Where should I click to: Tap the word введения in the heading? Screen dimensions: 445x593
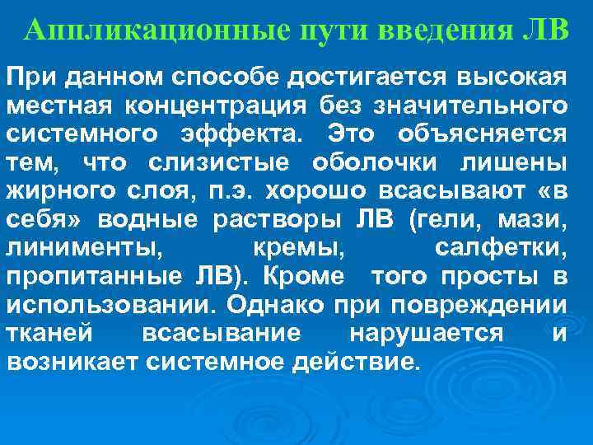[x=443, y=32]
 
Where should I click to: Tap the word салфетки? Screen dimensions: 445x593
[x=500, y=247]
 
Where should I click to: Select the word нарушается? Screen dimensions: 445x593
[x=418, y=334]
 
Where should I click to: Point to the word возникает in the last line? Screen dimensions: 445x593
[x=68, y=362]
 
